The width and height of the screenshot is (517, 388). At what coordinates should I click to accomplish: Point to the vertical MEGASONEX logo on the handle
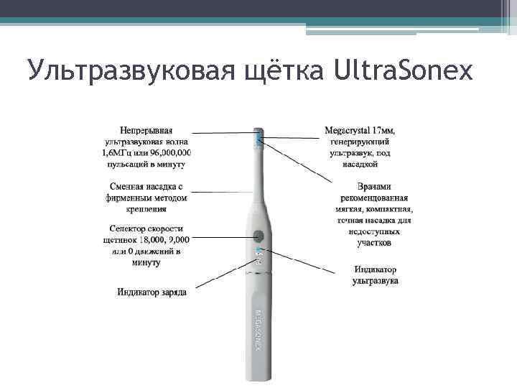tap(258, 331)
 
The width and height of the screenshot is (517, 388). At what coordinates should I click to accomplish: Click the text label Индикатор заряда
tap(152, 292)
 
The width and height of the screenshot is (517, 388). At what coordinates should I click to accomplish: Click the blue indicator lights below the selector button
tap(259, 254)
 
